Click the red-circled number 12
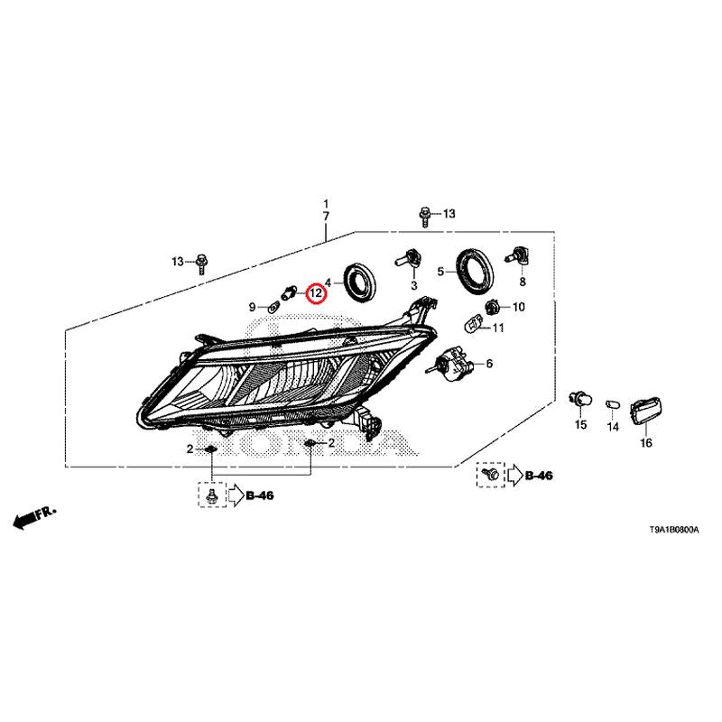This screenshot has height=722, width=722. pos(317,292)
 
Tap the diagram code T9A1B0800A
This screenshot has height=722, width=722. pos(674,530)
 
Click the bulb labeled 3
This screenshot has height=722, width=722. pos(408,258)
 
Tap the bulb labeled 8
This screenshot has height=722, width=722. pos(517,255)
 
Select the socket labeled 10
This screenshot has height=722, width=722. pos(493,306)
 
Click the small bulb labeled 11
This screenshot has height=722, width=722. pos(473,322)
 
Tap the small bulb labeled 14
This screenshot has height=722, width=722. pos(613,404)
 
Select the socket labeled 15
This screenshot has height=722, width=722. pos(579,400)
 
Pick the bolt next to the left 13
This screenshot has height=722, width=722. pos(201,264)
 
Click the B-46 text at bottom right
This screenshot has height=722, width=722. pos(539,476)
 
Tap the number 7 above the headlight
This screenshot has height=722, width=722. pos(326,216)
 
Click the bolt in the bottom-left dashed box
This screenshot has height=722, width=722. pos(212,495)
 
